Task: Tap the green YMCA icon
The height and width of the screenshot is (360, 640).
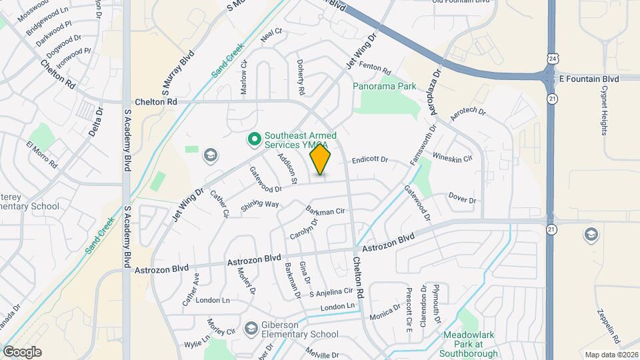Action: click(253, 139)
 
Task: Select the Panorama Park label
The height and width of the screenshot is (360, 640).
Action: click(385, 86)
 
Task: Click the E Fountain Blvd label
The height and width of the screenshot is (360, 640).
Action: click(589, 79)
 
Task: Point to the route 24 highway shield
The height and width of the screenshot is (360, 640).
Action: click(553, 60)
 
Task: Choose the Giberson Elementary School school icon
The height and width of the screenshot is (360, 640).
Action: click(251, 328)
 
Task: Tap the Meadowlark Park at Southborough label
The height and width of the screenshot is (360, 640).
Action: click(471, 344)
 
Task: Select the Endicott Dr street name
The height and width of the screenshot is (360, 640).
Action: click(370, 160)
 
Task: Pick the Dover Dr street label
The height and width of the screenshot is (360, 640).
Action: click(462, 199)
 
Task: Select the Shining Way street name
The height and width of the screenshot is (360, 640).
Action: click(260, 205)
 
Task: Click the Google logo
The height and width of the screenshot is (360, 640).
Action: click(22, 352)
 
